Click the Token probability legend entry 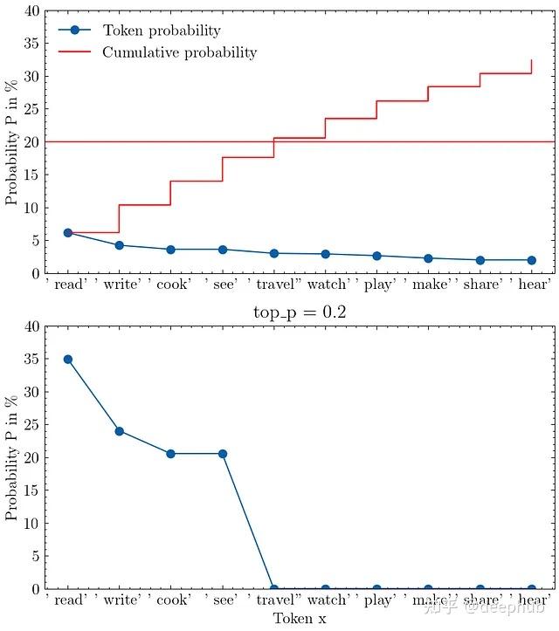coord(162,31)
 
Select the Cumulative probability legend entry coord(179,52)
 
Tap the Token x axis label coord(300,619)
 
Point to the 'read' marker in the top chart coord(68,233)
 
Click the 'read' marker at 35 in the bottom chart coord(68,360)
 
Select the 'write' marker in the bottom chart coord(120,431)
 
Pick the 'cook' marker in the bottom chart coord(171,454)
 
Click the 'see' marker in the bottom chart coord(223,454)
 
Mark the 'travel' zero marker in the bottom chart coord(274,589)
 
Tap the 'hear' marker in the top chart coord(531,260)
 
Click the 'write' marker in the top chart coord(120,245)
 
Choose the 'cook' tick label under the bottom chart coord(174,600)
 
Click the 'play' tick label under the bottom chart coord(380,600)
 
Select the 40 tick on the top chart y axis coord(31,11)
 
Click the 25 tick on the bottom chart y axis coord(31,425)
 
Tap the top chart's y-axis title coord(11,142)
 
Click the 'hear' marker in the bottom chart coord(531,589)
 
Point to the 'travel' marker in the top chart coord(274,253)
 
